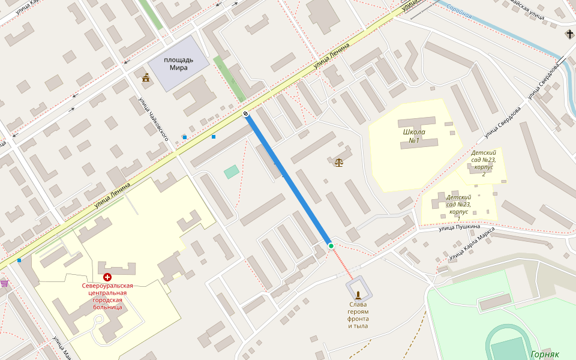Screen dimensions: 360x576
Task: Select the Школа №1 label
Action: pyautogui.click(x=413, y=136)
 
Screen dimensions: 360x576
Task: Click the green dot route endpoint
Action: pyautogui.click(x=331, y=246)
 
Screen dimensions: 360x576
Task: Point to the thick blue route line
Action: pyautogui.click(x=288, y=180)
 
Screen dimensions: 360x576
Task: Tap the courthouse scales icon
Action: pyautogui.click(x=340, y=162)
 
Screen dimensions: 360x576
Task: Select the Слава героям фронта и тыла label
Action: pyautogui.click(x=358, y=315)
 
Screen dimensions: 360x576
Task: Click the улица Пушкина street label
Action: pyautogui.click(x=459, y=227)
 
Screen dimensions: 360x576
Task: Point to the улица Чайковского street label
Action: pyautogui.click(x=154, y=120)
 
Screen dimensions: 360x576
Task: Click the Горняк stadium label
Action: pyautogui.click(x=545, y=354)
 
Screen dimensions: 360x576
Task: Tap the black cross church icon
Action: pyautogui.click(x=569, y=34)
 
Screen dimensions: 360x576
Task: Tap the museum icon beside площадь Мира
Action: pyautogui.click(x=146, y=77)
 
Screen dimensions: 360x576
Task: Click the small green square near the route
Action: pyautogui.click(x=232, y=172)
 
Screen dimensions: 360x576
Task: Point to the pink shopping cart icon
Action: pyautogui.click(x=4, y=283)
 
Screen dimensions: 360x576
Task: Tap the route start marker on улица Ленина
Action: pyautogui.click(x=246, y=114)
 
